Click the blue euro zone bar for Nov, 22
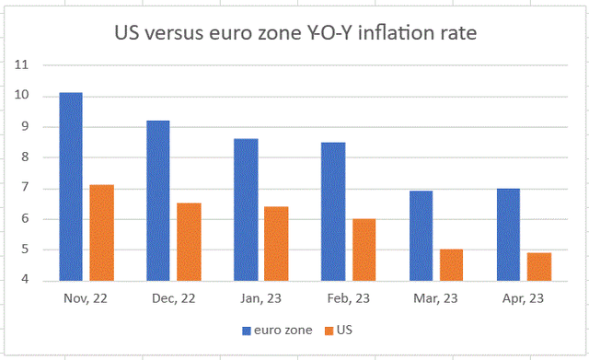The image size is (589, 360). pos(71,187)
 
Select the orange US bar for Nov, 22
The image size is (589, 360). pos(102,233)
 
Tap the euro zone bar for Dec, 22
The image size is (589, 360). pos(158,201)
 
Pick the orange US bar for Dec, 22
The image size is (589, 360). pos(190,242)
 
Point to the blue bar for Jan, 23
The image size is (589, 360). pos(246,210)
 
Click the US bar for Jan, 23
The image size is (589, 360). pos(277,244)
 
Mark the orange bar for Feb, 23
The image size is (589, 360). pos(364,250)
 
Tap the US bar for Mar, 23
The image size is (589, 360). pos(452,265)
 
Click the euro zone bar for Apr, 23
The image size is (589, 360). pos(508,235)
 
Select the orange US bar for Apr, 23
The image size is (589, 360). pos(539,267)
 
